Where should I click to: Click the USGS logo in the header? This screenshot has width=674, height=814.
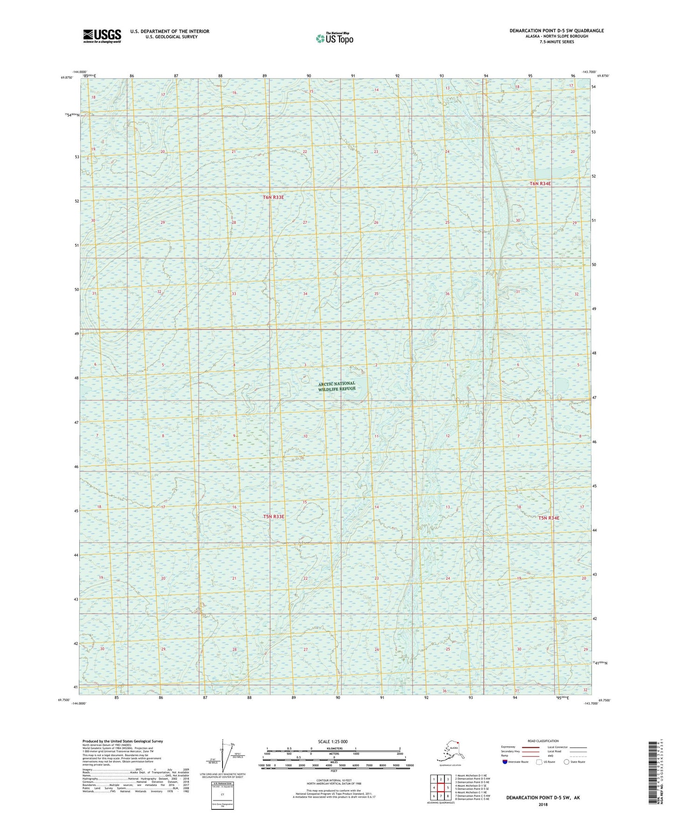click(x=102, y=35)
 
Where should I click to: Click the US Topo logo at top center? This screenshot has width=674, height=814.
click(x=334, y=38)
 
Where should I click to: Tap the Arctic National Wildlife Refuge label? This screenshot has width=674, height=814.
click(x=337, y=386)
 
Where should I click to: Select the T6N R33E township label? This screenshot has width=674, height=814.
click(x=273, y=197)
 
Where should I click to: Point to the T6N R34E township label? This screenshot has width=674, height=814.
click(x=540, y=184)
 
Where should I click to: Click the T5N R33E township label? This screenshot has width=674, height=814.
click(x=273, y=517)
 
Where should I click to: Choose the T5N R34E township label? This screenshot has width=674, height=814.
click(x=549, y=518)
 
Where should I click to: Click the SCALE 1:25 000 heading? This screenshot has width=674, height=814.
click(x=333, y=741)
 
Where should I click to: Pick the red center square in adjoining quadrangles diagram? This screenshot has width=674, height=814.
click(x=440, y=787)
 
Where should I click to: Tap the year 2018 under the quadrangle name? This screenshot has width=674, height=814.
click(x=542, y=804)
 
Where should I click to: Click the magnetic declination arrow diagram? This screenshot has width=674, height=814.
click(x=223, y=757)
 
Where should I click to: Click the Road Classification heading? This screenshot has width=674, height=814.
click(x=543, y=741)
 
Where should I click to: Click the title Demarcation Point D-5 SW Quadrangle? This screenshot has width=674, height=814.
click(x=556, y=31)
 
